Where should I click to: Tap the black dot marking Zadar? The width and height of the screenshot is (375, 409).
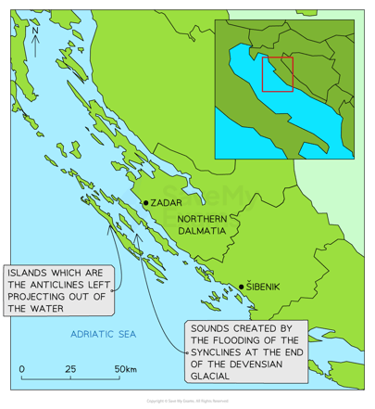[x=145, y=202]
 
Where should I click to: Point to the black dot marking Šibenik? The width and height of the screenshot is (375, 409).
[x=242, y=288]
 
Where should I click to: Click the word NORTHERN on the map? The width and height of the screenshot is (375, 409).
[x=202, y=218]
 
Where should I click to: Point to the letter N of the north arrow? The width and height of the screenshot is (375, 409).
[x=34, y=30]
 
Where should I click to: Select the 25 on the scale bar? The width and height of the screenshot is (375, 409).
[x=71, y=369]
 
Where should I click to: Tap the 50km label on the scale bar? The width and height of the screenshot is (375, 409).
[x=125, y=369]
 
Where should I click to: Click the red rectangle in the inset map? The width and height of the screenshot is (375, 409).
[x=277, y=74]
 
